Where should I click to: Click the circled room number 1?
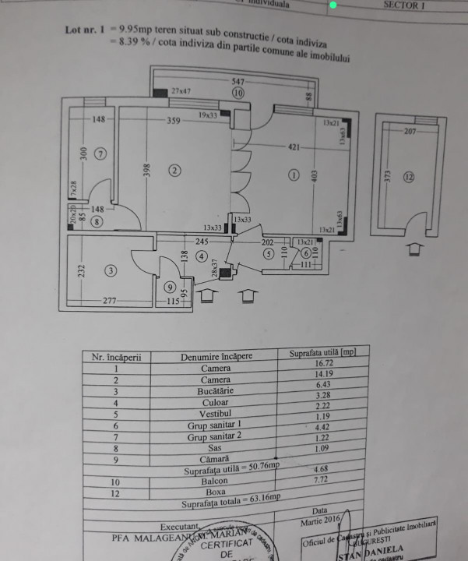(x=293, y=175)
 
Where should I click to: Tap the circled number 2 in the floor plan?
(x=175, y=170)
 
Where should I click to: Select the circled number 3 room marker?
(x=111, y=271)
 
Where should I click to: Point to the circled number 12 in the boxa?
(x=410, y=177)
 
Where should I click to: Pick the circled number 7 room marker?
(x=100, y=153)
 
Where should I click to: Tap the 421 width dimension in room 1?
(x=294, y=146)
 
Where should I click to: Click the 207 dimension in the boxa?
(x=410, y=132)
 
